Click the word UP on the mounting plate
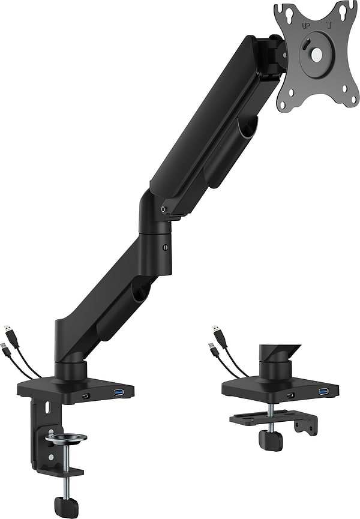click(x=306, y=27)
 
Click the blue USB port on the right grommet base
click(x=324, y=392)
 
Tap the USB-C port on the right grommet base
click(x=291, y=395)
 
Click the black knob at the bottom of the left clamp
click(x=66, y=506)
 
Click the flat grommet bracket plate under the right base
click(x=264, y=416)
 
